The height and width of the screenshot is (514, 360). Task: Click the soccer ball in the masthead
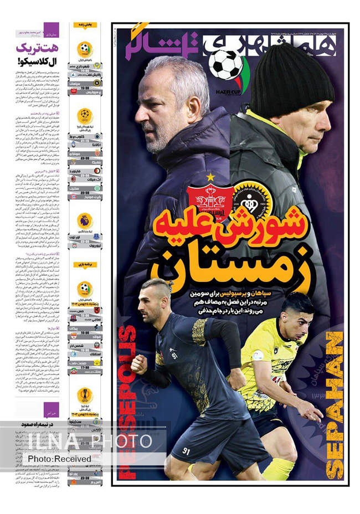click(x=225, y=65)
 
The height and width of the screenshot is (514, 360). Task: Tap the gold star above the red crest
click(x=210, y=177)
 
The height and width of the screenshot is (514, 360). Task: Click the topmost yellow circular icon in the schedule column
click(x=85, y=48)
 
